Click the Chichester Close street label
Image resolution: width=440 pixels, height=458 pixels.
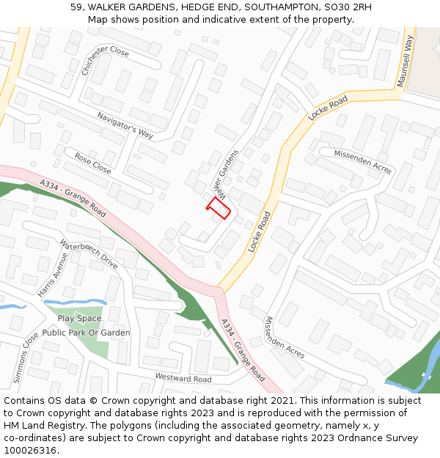pos(106,61)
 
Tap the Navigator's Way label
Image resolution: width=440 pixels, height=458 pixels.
pos(125,125)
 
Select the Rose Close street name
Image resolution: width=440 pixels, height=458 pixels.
pos(92,163)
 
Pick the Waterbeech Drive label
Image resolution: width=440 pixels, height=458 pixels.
pos(89,254)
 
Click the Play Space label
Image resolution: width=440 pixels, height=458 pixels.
pos(79,319)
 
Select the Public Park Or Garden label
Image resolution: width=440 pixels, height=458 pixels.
pos(86,333)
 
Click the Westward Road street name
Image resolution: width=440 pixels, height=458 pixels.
pos(183,378)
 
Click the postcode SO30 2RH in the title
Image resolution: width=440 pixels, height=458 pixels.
pos(352,7)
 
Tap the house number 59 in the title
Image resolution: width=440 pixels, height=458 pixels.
pos(76,7)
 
